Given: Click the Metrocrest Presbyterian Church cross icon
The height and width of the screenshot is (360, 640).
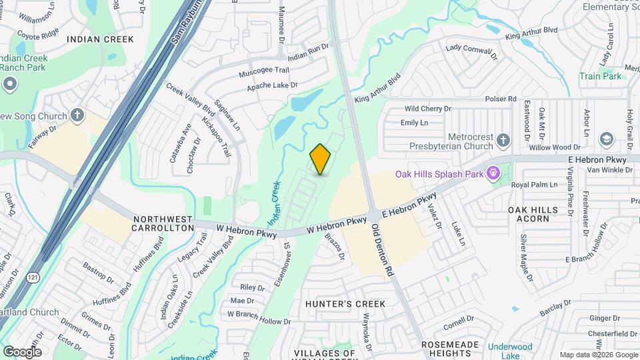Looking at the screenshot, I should tap(503, 141).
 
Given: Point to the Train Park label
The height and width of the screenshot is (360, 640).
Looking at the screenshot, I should tap(600, 77).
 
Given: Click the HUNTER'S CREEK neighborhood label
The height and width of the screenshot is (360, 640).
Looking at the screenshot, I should tap(345, 304).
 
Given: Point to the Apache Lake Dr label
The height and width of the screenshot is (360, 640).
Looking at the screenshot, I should tap(272, 86).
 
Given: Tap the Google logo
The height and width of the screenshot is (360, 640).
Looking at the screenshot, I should tap(22, 351).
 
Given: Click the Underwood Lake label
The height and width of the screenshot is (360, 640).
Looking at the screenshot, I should tap(510, 351).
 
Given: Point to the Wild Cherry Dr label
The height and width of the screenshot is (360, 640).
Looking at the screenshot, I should tap(427, 109).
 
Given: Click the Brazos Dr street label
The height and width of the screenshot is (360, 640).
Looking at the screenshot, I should tap(337, 247).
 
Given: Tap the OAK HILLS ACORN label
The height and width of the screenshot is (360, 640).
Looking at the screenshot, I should tap(533, 214).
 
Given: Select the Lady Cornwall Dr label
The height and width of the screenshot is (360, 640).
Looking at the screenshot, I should tap(473, 53).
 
